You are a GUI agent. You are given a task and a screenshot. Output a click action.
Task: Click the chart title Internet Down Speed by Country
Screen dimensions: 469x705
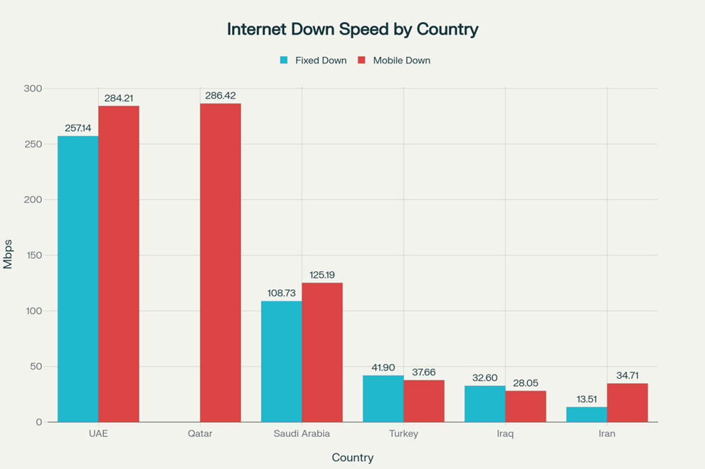352,29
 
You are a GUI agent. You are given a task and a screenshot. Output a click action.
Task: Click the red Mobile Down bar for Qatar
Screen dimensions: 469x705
221,263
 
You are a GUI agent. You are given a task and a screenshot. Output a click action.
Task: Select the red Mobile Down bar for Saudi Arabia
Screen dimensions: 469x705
322,352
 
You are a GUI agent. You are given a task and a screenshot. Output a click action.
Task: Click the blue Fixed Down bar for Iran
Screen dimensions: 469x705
586,415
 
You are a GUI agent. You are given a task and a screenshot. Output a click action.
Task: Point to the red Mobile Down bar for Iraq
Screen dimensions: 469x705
526,406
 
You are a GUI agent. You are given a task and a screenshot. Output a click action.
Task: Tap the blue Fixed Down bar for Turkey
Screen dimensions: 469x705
383,399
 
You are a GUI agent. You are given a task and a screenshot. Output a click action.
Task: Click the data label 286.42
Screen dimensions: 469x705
221,95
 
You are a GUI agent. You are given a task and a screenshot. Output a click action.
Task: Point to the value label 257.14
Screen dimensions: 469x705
78,127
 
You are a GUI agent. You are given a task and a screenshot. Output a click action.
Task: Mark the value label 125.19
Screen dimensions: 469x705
322,274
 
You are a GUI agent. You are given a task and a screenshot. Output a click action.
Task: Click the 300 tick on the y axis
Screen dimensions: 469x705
33,88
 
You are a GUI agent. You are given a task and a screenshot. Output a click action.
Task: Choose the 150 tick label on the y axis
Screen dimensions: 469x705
33,255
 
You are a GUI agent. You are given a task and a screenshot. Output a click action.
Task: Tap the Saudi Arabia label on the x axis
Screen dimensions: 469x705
302,433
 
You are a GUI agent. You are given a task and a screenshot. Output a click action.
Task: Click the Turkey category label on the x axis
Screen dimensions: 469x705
403,433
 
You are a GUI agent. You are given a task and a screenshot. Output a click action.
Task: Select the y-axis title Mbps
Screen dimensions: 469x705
9,255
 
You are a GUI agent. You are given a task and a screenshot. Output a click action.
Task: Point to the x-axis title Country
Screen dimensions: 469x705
352,458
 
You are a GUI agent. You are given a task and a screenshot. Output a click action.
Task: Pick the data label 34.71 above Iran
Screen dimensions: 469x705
627,374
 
